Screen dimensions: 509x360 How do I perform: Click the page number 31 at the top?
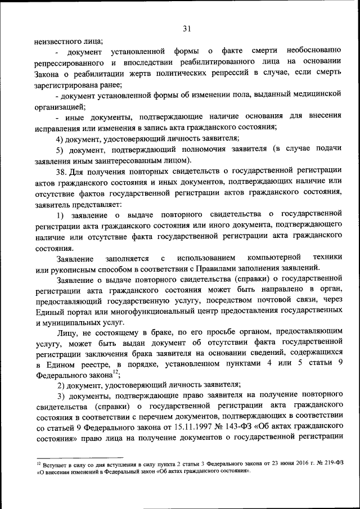click(187, 29)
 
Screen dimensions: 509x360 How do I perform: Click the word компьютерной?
click(264, 257)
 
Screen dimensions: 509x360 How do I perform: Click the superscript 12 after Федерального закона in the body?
click(115, 371)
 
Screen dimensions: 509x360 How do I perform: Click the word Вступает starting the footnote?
click(55, 465)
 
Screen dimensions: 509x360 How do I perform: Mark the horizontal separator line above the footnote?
click(79, 458)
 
